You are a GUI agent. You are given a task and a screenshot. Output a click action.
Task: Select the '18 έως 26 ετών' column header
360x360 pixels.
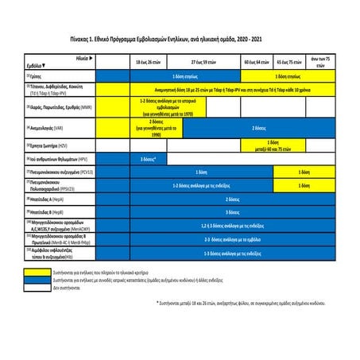(x=151, y=61)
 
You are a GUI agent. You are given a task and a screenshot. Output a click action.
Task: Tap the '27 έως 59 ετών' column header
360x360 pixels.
(x=206, y=61)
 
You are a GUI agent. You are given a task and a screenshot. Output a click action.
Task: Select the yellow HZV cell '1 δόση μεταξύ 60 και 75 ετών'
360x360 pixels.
(x=271, y=145)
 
